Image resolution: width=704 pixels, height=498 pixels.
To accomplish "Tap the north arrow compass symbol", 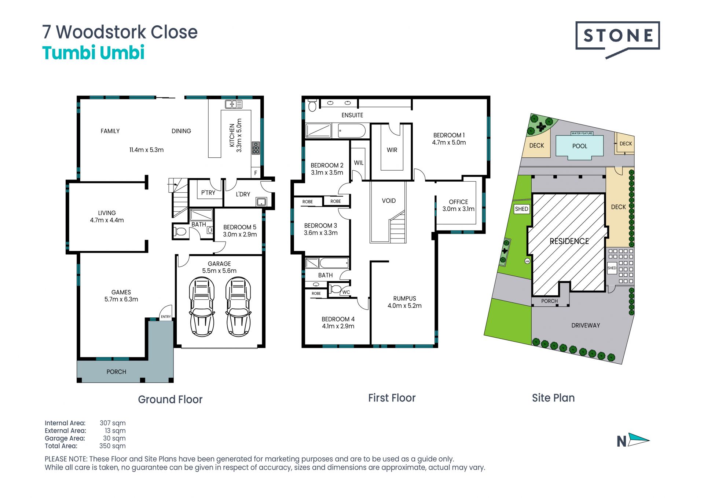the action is [x=638, y=439].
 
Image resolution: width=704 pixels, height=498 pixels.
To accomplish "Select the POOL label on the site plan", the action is [x=580, y=146].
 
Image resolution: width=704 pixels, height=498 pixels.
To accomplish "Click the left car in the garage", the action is [x=201, y=307].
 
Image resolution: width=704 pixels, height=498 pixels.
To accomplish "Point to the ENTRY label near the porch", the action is [x=166, y=317].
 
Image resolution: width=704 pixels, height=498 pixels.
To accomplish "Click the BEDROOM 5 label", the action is [x=240, y=227].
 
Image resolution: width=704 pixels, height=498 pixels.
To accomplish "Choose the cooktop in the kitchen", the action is [x=256, y=148].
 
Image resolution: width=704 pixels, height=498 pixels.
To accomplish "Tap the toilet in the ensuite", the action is [x=312, y=105].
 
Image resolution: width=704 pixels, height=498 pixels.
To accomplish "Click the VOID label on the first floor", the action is [x=389, y=201].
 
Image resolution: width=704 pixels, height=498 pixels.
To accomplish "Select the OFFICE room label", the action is [x=458, y=202].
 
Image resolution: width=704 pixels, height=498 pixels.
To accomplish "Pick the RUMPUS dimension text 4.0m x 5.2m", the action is [x=404, y=306].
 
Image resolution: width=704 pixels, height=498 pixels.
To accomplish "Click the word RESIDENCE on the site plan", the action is [x=569, y=241].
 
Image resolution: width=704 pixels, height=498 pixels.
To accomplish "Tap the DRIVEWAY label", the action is [x=586, y=326].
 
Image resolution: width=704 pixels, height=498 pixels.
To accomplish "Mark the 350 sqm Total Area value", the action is [x=112, y=446].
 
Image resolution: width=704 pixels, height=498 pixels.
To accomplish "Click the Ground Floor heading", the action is [x=170, y=399].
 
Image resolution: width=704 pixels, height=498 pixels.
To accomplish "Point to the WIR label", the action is [x=392, y=150].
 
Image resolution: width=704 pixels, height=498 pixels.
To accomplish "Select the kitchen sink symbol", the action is [x=234, y=104].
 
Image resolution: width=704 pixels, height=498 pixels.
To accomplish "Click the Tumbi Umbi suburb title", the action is [x=93, y=52].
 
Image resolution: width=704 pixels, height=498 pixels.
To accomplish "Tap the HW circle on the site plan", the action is [x=527, y=261].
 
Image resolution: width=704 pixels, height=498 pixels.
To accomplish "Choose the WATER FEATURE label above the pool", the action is [x=582, y=133].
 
